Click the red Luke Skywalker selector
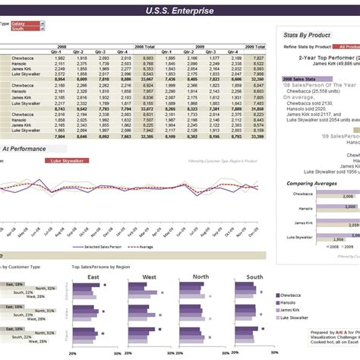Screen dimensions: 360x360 click(x=67, y=161)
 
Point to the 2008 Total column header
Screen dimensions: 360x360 click(x=144, y=46)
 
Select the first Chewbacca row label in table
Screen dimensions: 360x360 click(x=24, y=57)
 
